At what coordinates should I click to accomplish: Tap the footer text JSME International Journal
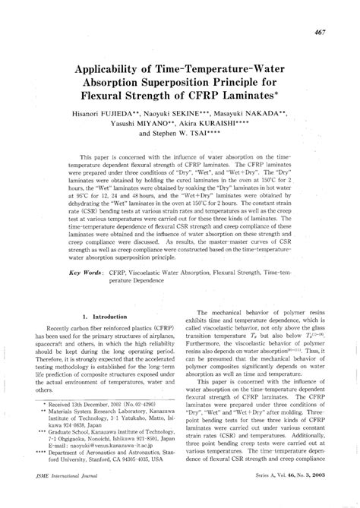[62, 496]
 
